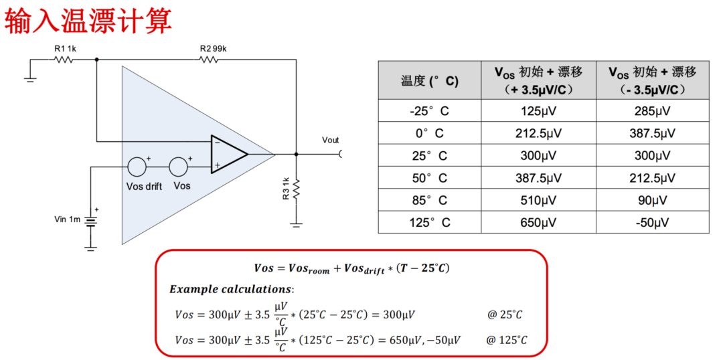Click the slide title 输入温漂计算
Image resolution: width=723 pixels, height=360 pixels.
pos(88,21)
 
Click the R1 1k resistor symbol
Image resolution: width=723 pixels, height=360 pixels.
pos(64,60)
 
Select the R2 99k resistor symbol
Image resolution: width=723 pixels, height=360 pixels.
pos(209,60)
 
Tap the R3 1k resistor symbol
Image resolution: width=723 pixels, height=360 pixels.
pos(296,190)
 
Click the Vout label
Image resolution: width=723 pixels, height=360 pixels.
pos(330,141)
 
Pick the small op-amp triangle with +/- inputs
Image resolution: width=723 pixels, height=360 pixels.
pos(228,154)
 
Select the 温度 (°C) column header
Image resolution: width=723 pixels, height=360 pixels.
pos(429,81)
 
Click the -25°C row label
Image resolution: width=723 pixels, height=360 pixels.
pos(429,111)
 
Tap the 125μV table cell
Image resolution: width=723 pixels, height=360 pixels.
pos(539,111)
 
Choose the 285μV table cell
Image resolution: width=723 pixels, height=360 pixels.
pos(652,111)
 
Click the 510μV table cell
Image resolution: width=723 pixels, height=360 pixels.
pos(539,200)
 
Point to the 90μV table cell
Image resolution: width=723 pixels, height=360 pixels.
pos(652,200)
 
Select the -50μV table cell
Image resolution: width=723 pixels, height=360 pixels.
pos(652,223)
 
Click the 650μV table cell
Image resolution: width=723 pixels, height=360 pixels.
pos(539,223)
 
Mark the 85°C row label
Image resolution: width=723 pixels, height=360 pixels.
pos(429,200)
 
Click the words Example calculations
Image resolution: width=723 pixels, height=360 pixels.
pos(231,289)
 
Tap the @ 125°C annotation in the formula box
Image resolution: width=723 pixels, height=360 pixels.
pos(506,340)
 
